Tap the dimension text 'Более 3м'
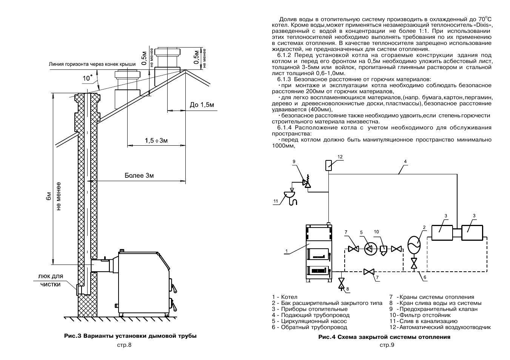[139, 175]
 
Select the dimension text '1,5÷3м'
[156, 141]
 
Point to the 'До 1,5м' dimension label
[202, 105]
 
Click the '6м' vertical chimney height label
[48, 196]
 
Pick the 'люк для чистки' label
[51, 280]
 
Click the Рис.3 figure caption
[130, 336]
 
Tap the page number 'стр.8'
[124, 345]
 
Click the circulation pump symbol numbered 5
[371, 249]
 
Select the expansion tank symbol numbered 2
[414, 245]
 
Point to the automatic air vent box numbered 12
[328, 165]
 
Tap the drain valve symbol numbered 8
[341, 283]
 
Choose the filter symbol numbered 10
[384, 250]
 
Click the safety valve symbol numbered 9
[307, 183]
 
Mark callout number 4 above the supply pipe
[405, 162]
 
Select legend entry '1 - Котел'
[285, 297]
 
